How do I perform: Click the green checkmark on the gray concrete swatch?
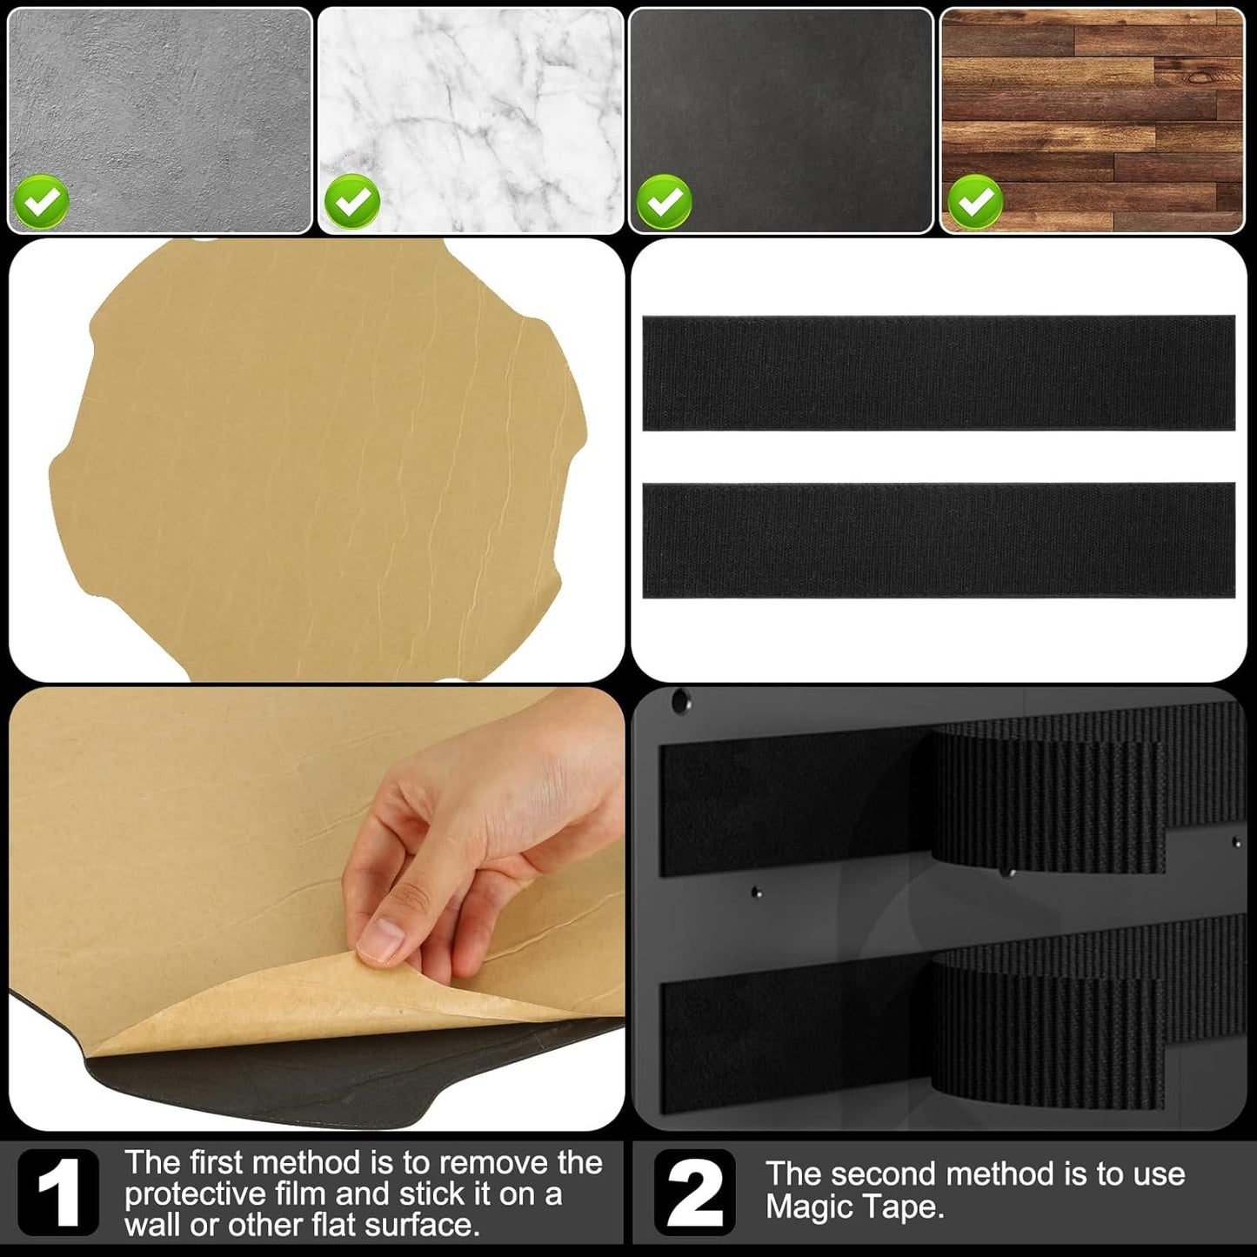(41, 202)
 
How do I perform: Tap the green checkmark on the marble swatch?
(352, 202)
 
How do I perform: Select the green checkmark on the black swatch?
(664, 202)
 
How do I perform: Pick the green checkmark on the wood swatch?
(975, 202)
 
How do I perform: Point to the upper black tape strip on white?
(939, 372)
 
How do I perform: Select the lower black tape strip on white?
(939, 540)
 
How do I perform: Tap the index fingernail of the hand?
(381, 940)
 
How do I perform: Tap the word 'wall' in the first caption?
(152, 1225)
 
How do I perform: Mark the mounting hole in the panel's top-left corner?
(679, 700)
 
